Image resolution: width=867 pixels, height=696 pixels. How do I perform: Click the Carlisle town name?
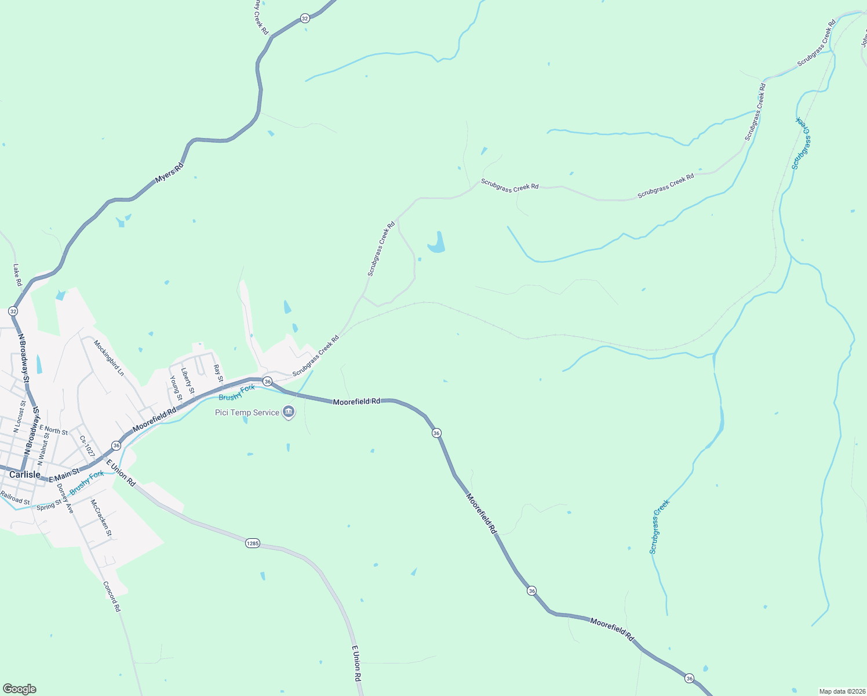tap(25, 474)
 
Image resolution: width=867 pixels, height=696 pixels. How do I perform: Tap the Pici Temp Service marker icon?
tap(289, 412)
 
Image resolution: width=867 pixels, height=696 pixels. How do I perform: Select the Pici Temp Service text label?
tap(247, 413)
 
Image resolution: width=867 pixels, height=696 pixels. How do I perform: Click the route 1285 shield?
tap(252, 543)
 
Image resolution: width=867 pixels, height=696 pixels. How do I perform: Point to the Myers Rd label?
tap(169, 173)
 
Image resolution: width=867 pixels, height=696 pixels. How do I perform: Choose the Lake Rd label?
tap(17, 275)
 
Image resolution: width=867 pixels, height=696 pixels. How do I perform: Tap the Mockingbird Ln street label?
tap(109, 358)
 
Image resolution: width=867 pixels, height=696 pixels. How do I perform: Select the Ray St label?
tap(218, 373)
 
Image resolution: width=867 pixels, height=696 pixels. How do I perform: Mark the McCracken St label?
tap(101, 517)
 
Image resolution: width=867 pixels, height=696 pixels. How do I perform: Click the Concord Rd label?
tap(112, 596)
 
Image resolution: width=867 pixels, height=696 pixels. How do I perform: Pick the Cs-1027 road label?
tap(87, 445)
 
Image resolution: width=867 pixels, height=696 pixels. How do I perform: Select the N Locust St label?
tap(19, 416)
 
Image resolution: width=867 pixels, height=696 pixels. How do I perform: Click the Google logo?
tap(19, 689)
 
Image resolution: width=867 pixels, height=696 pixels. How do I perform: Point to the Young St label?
tap(176, 389)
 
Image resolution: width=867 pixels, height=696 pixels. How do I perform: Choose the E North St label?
tap(54, 430)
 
